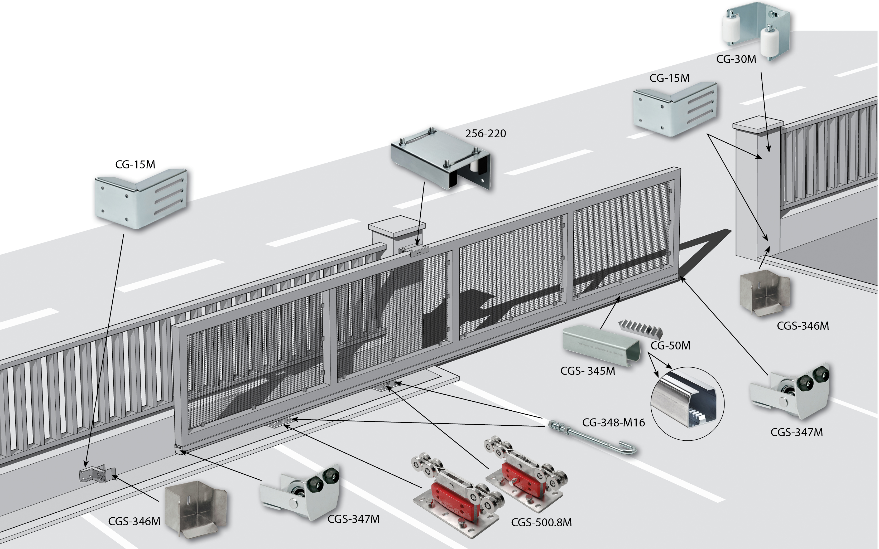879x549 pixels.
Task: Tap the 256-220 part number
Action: tap(486, 134)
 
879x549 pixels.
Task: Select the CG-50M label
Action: tap(670, 345)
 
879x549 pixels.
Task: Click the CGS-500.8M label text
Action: tap(541, 522)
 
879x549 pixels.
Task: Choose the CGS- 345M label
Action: tap(587, 371)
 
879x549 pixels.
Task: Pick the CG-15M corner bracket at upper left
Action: tap(141, 199)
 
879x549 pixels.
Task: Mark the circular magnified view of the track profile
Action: tap(688, 404)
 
